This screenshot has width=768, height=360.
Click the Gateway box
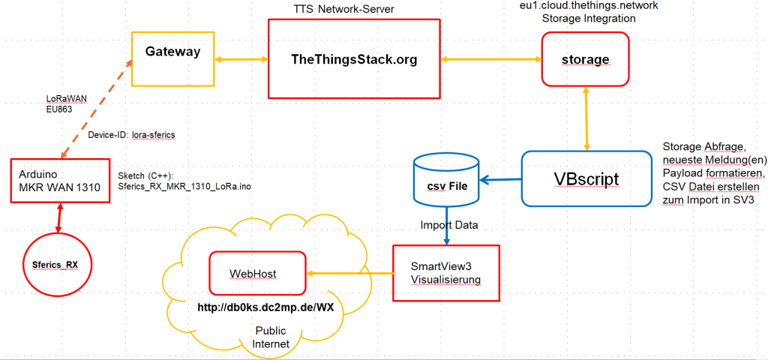point(173,58)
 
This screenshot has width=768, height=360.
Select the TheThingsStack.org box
point(353,58)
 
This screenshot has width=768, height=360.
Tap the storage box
point(586,58)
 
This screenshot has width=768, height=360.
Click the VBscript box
point(586,178)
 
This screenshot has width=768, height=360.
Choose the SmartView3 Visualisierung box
point(445,273)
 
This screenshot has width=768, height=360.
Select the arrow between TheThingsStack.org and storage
point(490,58)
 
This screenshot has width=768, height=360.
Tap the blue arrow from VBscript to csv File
point(500,179)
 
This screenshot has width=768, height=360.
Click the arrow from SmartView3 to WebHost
point(349,273)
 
